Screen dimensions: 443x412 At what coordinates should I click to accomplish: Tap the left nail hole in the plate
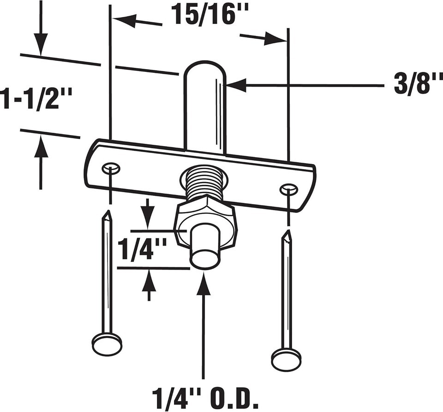[x=110, y=169]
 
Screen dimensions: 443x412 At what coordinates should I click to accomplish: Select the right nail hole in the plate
[x=289, y=189]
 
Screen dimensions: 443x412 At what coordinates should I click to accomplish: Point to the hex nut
[x=205, y=223]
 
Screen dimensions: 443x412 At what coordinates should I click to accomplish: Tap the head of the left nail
[x=108, y=343]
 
